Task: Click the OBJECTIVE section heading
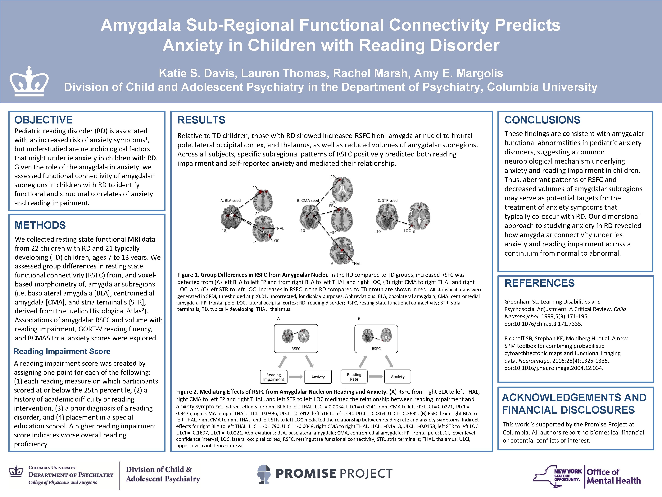(43, 120)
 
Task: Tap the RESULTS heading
(201, 120)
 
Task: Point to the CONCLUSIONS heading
(542, 120)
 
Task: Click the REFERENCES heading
(539, 283)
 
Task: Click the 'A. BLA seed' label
(230, 200)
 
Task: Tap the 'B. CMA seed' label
(308, 200)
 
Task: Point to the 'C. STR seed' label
(387, 200)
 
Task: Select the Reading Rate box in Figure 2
(354, 377)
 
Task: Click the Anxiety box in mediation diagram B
(397, 377)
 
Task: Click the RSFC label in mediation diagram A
(296, 349)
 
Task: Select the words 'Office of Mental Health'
(614, 476)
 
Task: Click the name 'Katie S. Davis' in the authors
(197, 73)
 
